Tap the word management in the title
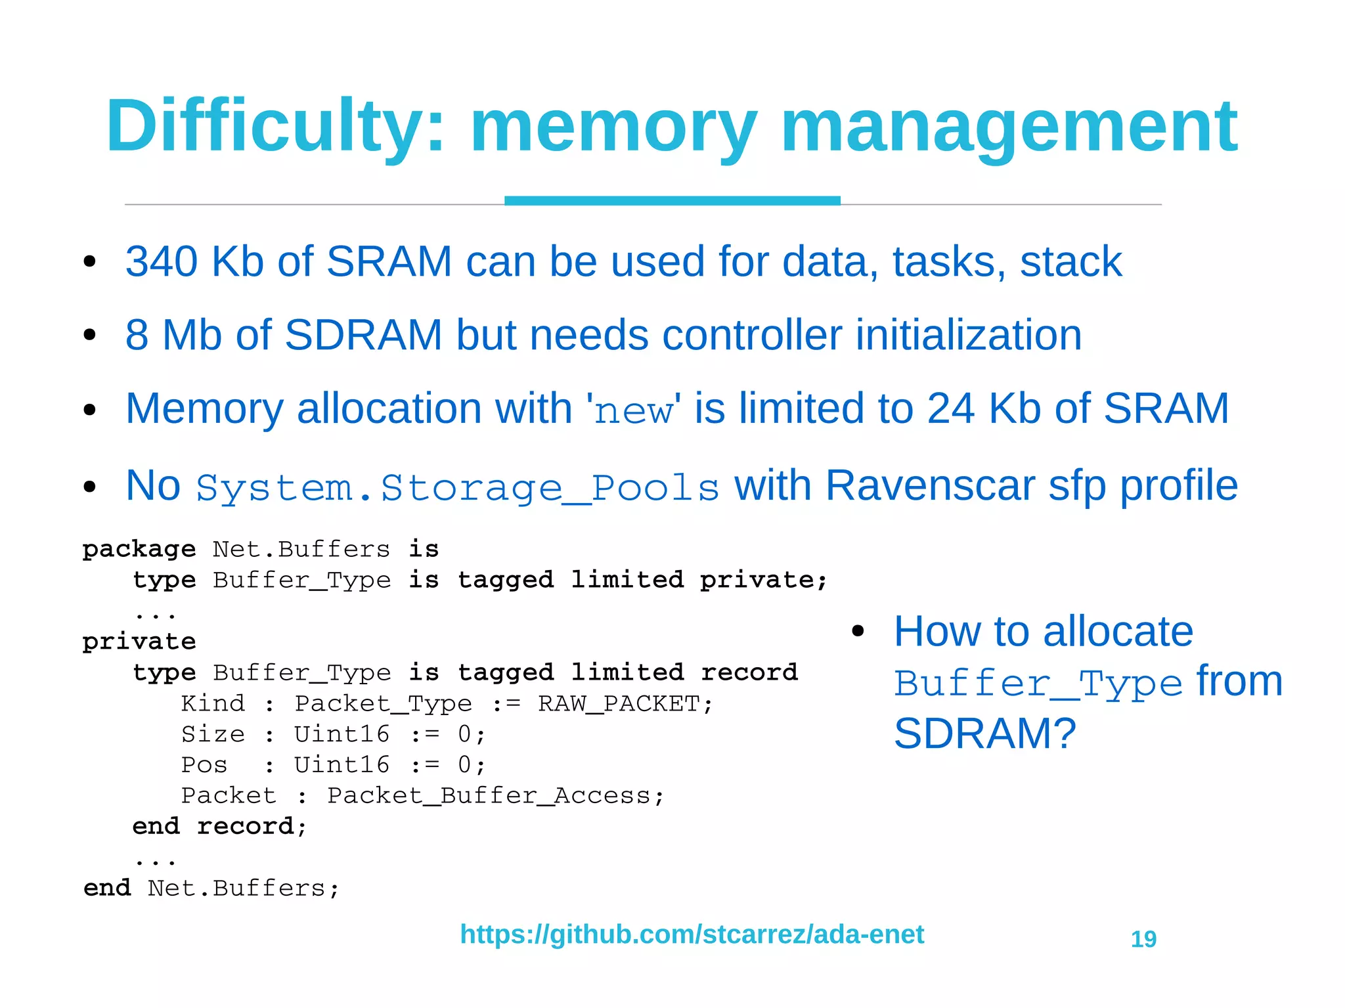(1009, 126)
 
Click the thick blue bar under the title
(672, 200)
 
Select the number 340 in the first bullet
(162, 261)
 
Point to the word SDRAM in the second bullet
(363, 335)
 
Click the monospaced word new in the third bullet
(634, 410)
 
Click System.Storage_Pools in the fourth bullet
(458, 488)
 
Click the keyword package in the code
(139, 549)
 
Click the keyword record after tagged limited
(749, 672)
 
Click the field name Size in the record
(213, 734)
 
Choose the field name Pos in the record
(204, 765)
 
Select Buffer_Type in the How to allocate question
(1038, 684)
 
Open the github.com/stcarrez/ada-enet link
(692, 934)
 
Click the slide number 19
(1143, 939)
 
